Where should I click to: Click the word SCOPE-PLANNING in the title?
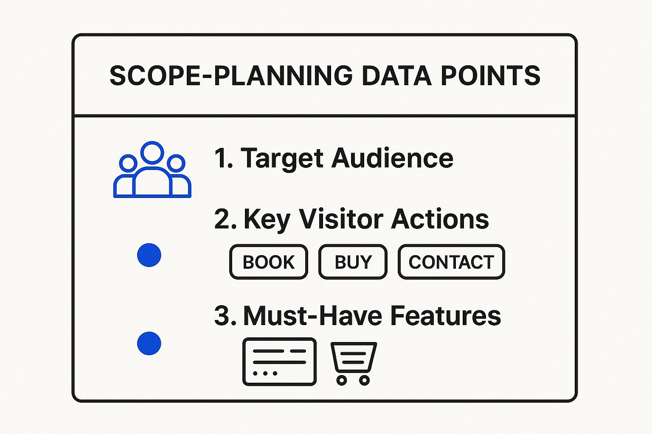231,75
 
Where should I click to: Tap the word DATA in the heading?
396,75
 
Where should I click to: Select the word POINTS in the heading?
490,75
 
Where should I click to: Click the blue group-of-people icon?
152,170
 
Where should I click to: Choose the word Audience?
393,158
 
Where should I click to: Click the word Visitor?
341,219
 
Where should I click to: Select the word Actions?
440,219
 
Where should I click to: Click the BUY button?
353,262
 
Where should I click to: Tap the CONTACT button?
452,262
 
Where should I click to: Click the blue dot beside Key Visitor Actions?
149,255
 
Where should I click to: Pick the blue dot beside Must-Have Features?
149,343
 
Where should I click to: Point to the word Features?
446,316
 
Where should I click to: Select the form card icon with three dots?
279,362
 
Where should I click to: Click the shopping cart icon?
354,364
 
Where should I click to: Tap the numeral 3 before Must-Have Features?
222,316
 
